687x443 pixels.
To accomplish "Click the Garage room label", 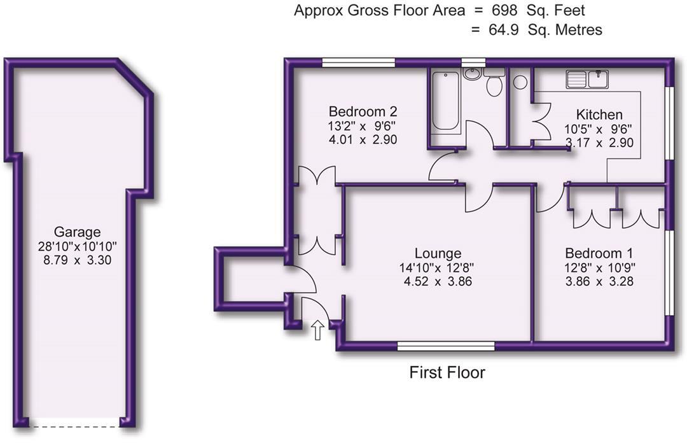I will pyautogui.click(x=77, y=232).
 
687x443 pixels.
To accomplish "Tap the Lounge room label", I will pyautogui.click(x=438, y=253).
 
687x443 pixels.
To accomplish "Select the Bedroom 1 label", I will pyautogui.click(x=599, y=253).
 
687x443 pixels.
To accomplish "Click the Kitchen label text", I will pyautogui.click(x=599, y=115).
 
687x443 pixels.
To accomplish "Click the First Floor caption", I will pyautogui.click(x=447, y=372).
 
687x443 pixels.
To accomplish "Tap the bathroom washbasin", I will pyautogui.click(x=471, y=74).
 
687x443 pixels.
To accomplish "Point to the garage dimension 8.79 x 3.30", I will pyautogui.click(x=77, y=260).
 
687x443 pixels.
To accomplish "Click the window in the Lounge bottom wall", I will pyautogui.click(x=446, y=346).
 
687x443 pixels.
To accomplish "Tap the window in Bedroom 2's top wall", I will pyautogui.click(x=359, y=62).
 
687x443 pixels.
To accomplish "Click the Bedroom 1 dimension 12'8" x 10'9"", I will pyautogui.click(x=599, y=267).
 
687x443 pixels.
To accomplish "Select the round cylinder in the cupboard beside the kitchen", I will pyautogui.click(x=520, y=81).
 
